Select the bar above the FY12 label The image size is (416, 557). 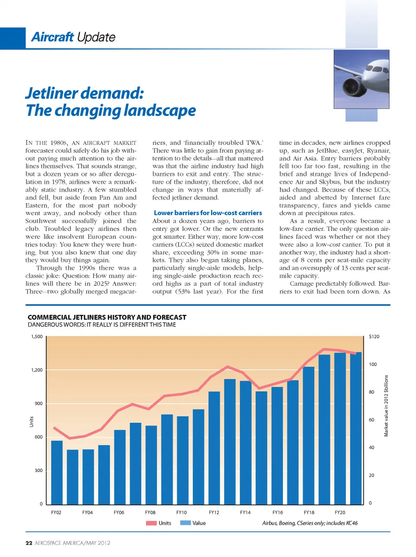[x=214, y=447]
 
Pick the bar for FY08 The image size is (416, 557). [x=151, y=465]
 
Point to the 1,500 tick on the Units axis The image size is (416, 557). [x=37, y=337]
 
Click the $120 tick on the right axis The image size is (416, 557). [x=374, y=337]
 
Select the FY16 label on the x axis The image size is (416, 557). [x=277, y=512]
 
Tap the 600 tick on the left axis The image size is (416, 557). [x=39, y=437]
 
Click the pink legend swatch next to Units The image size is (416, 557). [x=151, y=523]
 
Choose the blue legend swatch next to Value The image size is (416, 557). [x=185, y=523]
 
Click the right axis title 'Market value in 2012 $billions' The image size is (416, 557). [x=386, y=406]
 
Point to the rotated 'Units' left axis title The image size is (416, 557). [x=31, y=421]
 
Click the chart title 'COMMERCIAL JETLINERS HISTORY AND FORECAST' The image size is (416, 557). [x=107, y=318]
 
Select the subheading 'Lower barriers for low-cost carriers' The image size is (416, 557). [x=208, y=213]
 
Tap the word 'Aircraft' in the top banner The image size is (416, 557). [x=52, y=37]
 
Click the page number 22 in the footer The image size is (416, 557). [x=29, y=543]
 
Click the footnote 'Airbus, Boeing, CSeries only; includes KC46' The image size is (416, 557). [x=310, y=523]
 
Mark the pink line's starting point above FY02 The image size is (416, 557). [x=54, y=428]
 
